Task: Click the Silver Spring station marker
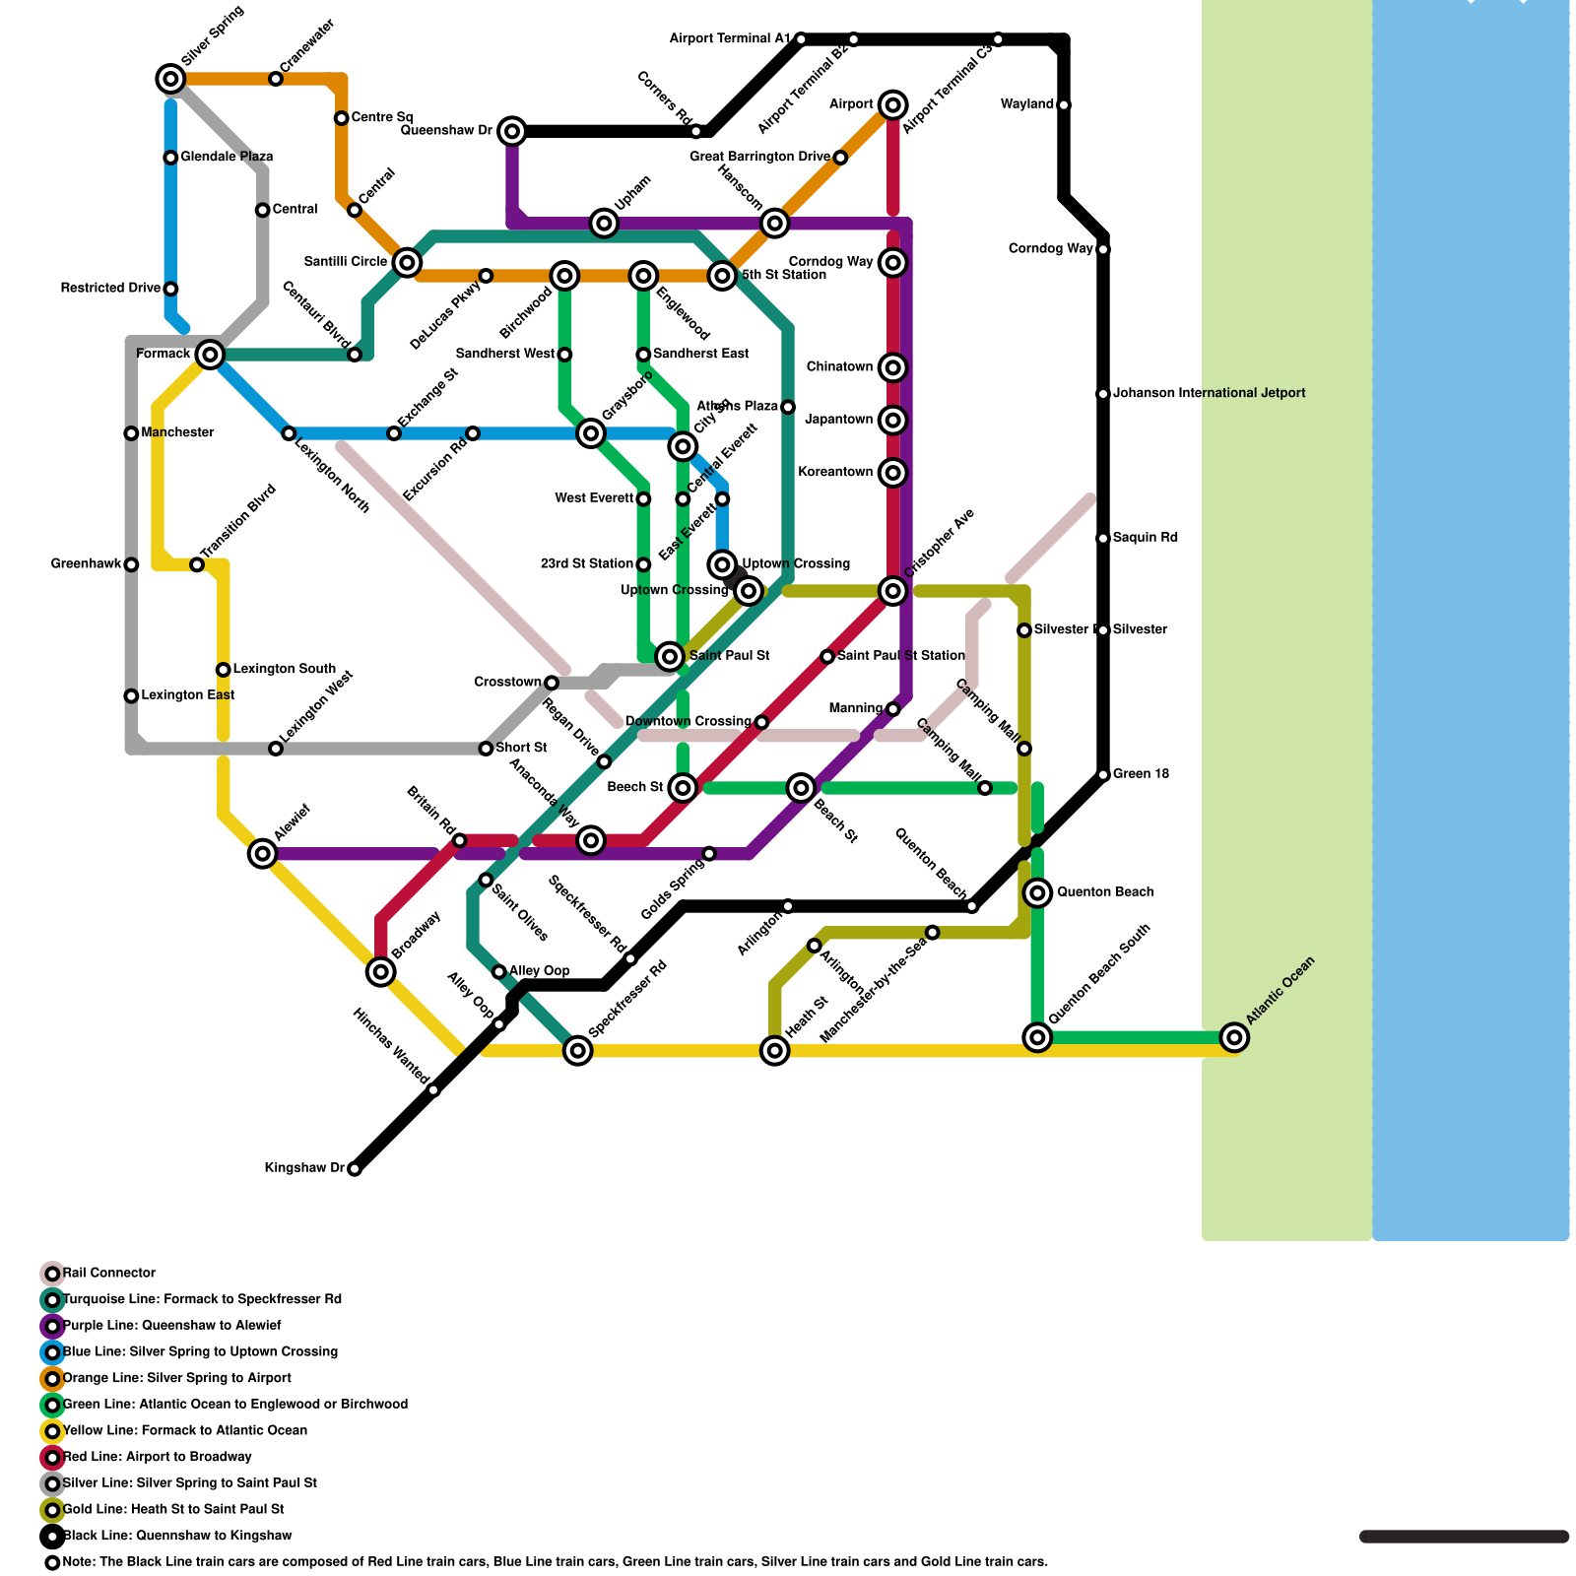170,79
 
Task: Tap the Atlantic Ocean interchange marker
1234,1037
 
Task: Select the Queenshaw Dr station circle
512,131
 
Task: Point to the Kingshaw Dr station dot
355,1169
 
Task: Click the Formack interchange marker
210,355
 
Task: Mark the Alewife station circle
262,853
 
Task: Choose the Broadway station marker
381,972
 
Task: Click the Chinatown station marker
893,367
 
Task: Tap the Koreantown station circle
893,473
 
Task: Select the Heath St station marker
775,1051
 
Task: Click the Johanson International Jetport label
1209,393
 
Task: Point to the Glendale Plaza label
227,157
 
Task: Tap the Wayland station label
1027,104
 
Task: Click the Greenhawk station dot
131,564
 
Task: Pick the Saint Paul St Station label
900,656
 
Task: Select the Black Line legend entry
177,1536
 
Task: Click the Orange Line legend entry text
177,1378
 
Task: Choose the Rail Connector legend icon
52,1274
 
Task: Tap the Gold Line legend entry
173,1509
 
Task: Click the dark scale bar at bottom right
1464,1537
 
